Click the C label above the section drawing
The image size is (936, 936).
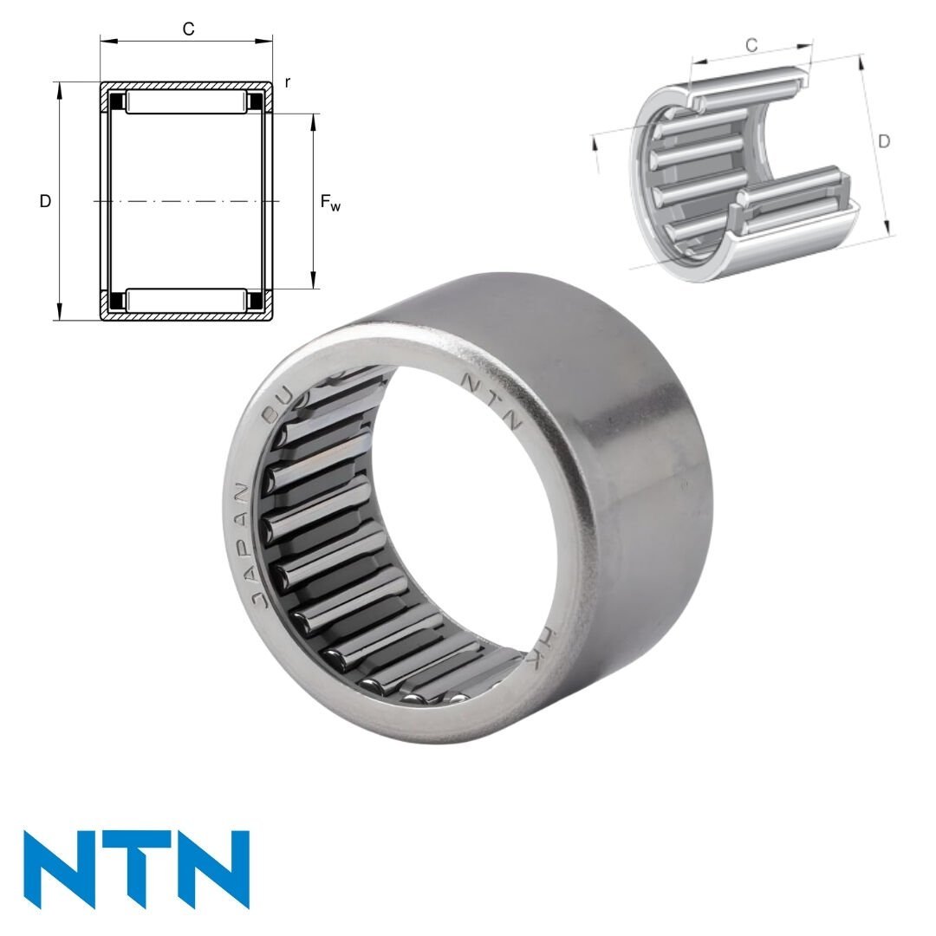coord(188,29)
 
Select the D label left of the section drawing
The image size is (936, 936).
coord(45,202)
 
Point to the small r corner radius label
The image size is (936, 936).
coord(287,83)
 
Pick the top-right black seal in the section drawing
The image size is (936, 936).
coord(257,102)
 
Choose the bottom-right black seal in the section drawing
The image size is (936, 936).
coord(257,301)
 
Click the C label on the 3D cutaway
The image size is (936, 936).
coord(751,45)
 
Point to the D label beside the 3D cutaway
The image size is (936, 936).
coord(883,141)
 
